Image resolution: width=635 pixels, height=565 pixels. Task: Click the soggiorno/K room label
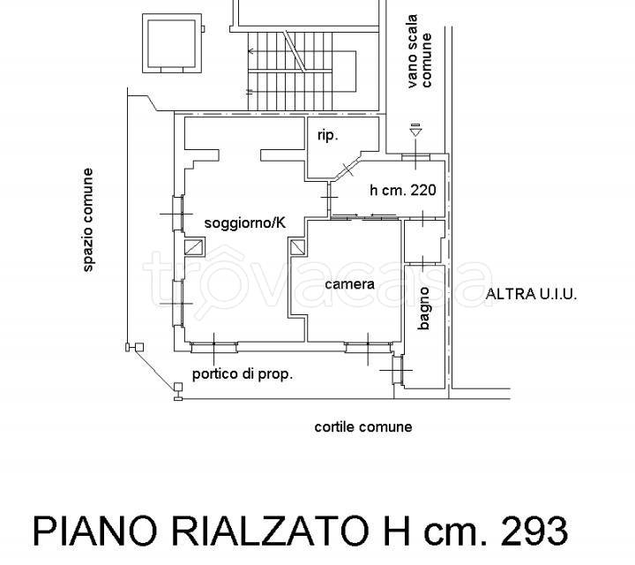[245, 224]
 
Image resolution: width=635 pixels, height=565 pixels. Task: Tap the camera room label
[349, 284]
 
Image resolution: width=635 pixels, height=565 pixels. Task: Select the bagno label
[424, 308]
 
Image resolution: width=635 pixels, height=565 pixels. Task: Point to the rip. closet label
[328, 136]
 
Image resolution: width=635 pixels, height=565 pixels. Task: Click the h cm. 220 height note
[403, 190]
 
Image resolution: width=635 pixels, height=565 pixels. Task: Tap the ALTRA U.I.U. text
[532, 294]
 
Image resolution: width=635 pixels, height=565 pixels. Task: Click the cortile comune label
[363, 427]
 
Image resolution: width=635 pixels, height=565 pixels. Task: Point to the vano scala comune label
[420, 62]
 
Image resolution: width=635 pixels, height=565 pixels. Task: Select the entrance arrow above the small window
[416, 132]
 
